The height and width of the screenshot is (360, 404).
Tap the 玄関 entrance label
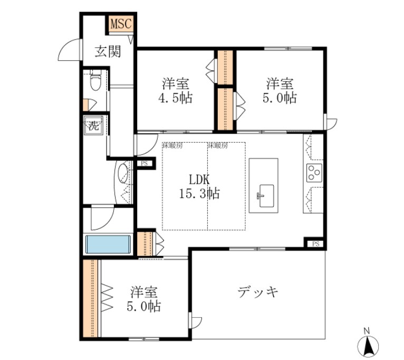point(108,51)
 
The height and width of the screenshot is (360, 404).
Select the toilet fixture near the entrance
point(95,82)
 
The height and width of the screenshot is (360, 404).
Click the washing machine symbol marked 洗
point(93,126)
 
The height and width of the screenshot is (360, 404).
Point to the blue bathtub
point(108,245)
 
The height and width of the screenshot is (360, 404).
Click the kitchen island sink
point(265,193)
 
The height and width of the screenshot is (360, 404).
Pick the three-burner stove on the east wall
point(314,172)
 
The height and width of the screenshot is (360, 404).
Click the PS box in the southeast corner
point(315,243)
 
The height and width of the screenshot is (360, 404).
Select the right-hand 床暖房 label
point(217,145)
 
